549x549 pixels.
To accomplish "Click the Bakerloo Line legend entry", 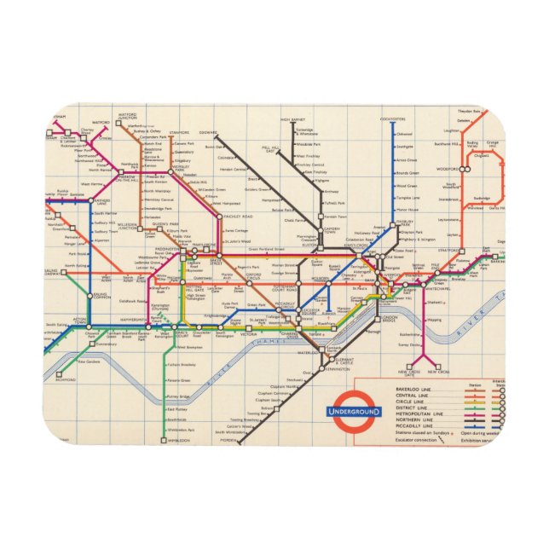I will click(x=413, y=389).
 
